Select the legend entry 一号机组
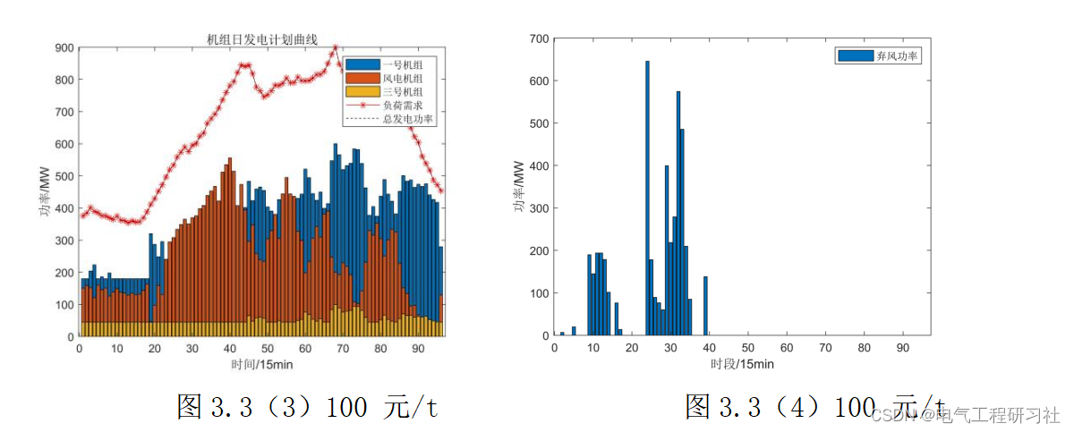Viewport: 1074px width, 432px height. click(x=402, y=64)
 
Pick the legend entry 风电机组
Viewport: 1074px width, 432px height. click(x=402, y=78)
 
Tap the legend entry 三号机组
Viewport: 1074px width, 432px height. click(x=402, y=91)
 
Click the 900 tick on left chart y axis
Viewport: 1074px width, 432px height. click(x=64, y=47)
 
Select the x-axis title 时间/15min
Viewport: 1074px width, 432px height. click(x=260, y=365)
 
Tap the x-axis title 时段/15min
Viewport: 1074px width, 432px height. click(x=742, y=364)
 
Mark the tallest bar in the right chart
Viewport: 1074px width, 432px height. click(x=647, y=198)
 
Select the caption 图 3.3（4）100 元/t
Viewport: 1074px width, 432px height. click(x=814, y=407)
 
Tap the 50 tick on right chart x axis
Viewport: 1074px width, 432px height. click(x=747, y=348)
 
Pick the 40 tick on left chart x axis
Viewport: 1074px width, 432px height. click(x=230, y=348)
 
